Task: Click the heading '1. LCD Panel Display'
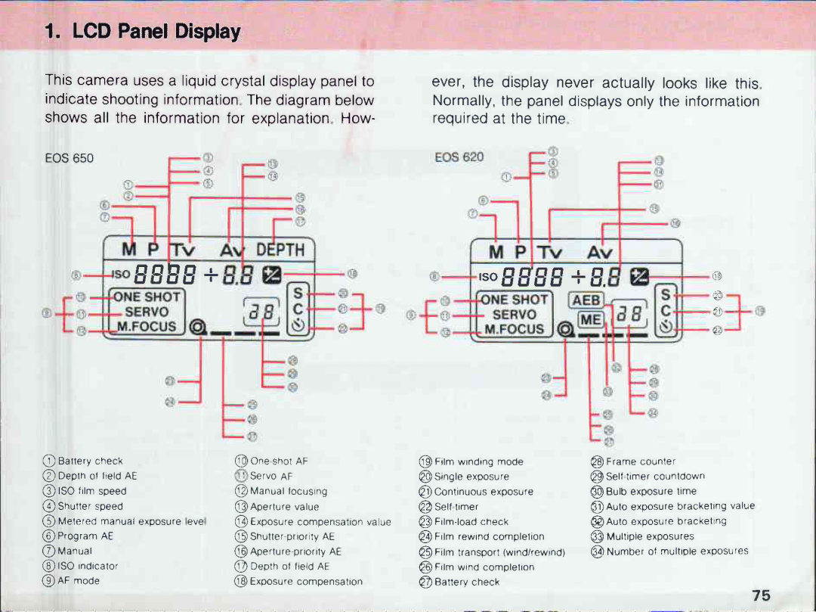pos(142,33)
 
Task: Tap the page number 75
pos(761,595)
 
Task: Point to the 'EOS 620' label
pos(459,157)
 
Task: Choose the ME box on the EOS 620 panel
pos(590,320)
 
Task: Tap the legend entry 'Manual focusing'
pos(288,491)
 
